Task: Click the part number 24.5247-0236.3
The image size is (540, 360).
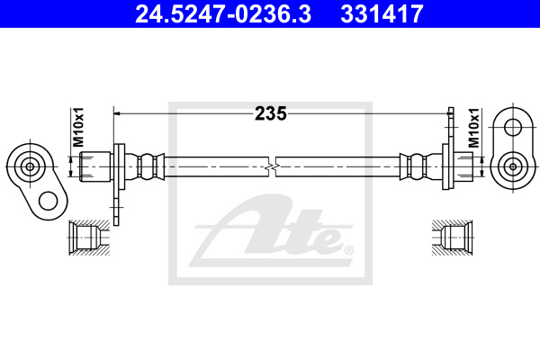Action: point(223,13)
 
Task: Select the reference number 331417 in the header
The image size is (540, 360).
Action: point(382,13)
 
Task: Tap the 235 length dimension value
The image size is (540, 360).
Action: point(270,113)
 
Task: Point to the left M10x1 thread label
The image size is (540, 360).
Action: point(77,127)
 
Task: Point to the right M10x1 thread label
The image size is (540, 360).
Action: point(474,128)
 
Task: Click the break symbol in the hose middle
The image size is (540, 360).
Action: point(272,167)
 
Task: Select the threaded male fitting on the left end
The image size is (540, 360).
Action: point(95,166)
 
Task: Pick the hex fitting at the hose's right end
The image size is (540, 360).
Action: point(463,166)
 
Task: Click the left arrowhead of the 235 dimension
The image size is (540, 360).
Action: point(117,113)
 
